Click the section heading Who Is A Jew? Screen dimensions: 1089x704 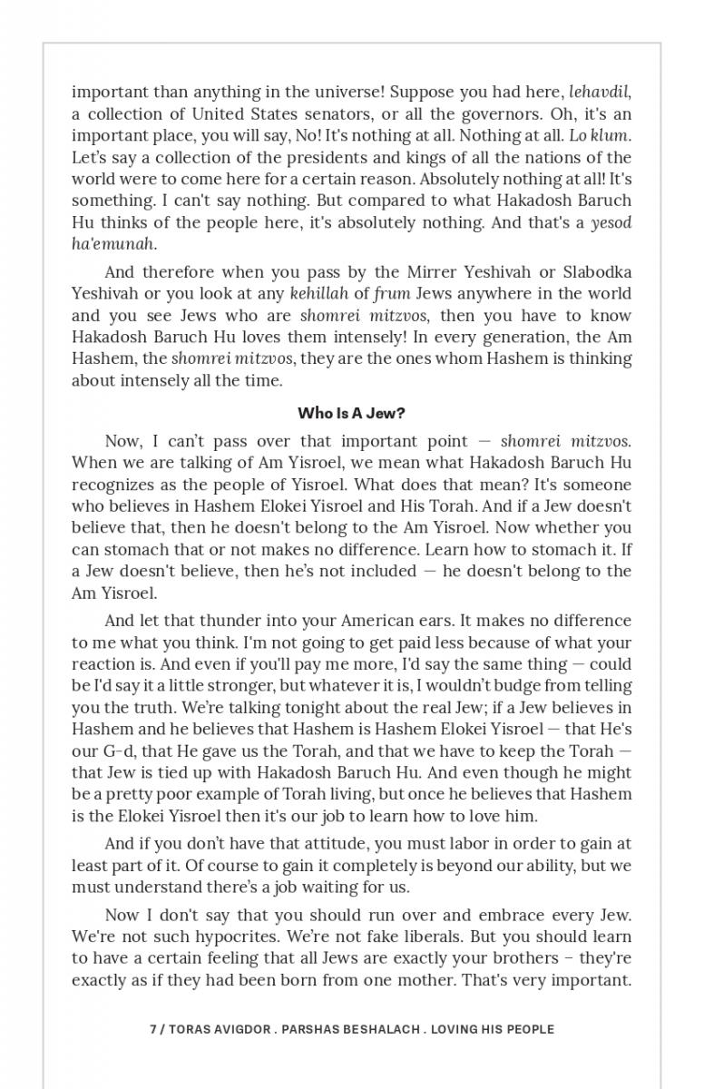pos(352,413)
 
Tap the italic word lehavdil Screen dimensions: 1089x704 pos(599,93)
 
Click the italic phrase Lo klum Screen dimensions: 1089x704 pos(600,136)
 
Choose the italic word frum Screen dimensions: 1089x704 pos(392,294)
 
